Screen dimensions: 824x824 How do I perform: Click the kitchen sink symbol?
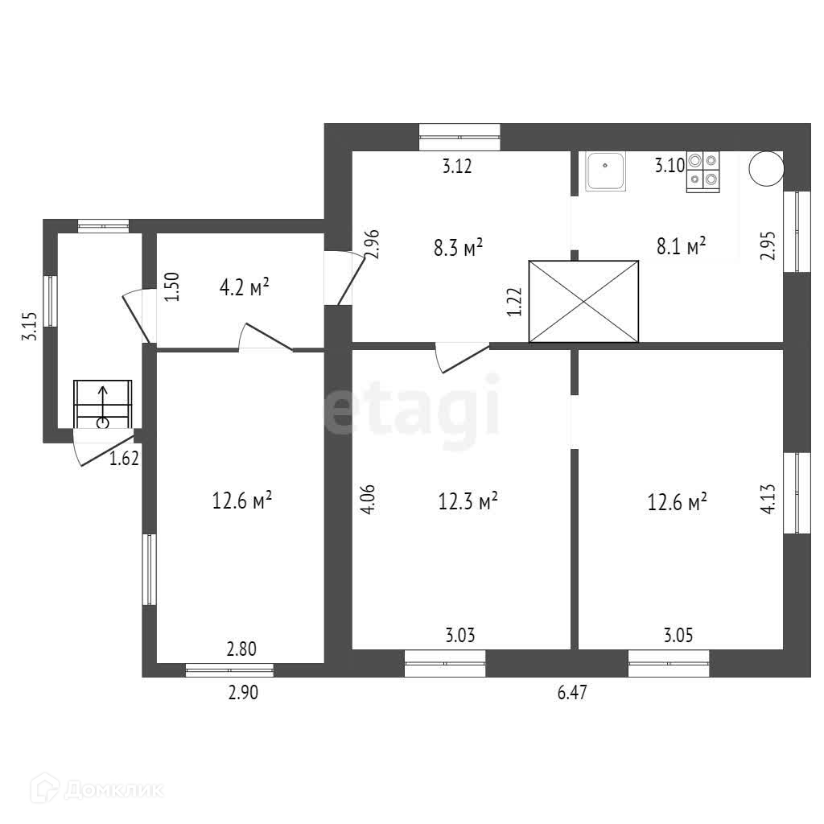pos(605,172)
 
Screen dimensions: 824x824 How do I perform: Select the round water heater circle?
pos(764,168)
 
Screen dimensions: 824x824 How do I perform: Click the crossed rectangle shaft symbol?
pos(583,302)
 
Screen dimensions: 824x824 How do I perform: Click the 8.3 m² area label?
pos(458,247)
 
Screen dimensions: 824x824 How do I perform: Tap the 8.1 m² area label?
pos(681,245)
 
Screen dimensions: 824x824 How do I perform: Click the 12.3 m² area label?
pos(468,501)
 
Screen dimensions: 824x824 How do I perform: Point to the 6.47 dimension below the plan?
pos(572,693)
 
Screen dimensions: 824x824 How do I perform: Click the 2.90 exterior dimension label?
pos(242,693)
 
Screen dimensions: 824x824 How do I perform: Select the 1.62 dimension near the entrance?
pos(125,459)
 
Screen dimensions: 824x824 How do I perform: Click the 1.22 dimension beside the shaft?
pos(515,303)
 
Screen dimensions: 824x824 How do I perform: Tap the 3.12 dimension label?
pos(456,167)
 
